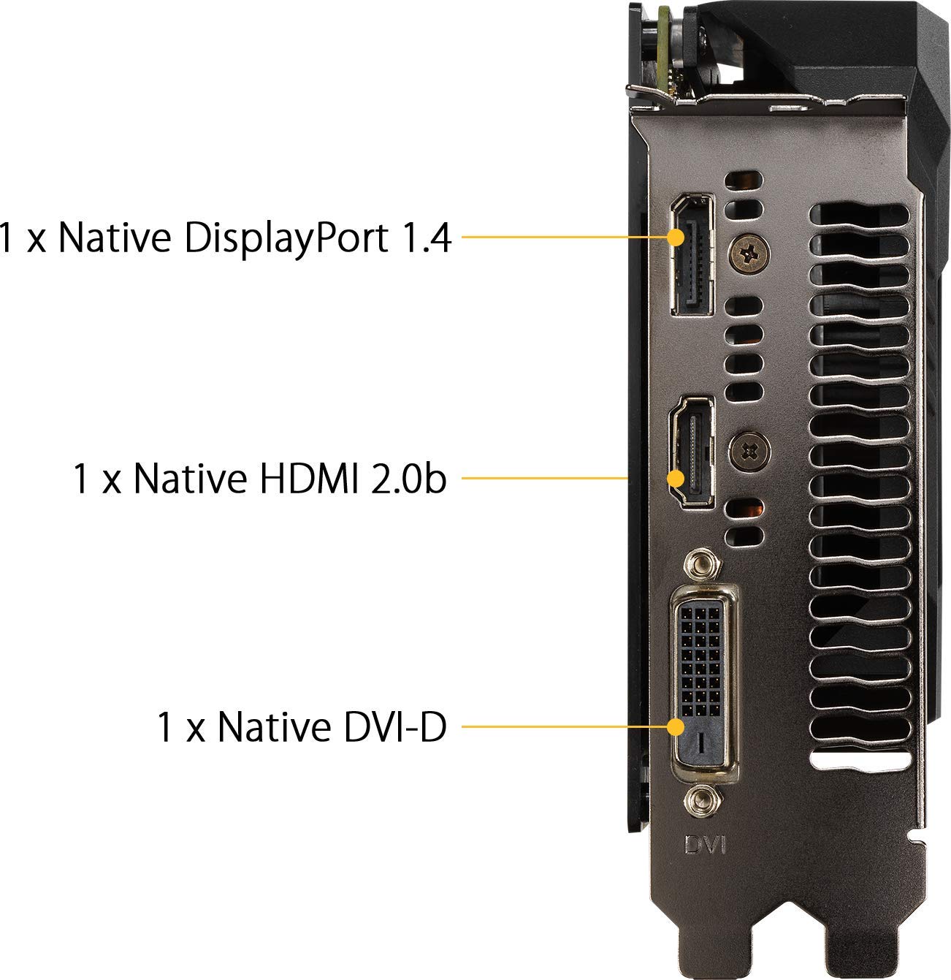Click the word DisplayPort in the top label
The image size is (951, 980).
[x=286, y=239]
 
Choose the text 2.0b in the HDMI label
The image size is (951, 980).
[x=408, y=478]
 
